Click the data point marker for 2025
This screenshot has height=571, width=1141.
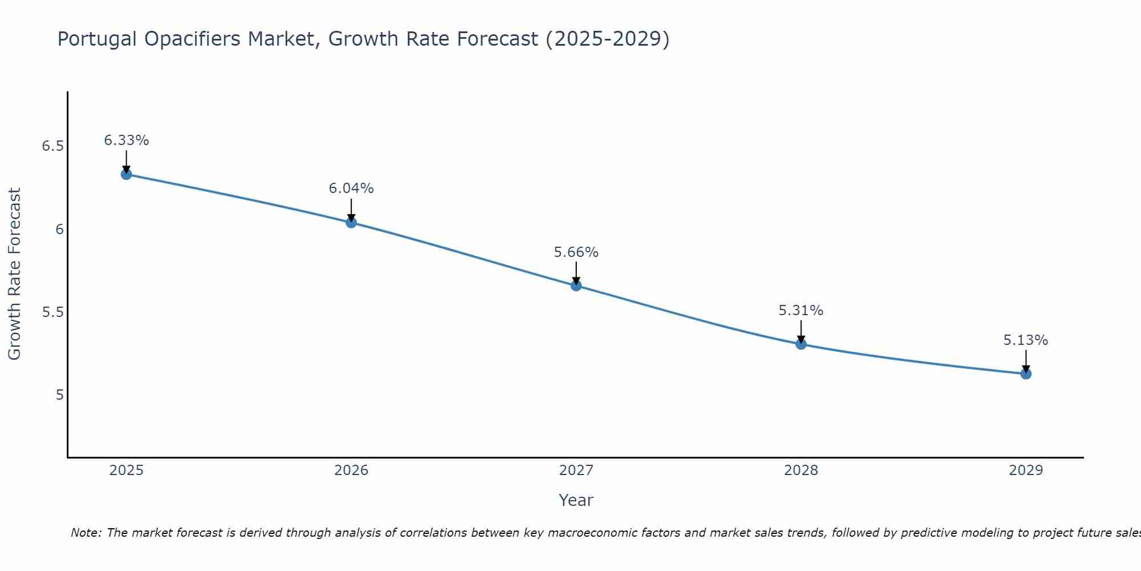coord(127,174)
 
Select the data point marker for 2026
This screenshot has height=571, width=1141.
coord(351,222)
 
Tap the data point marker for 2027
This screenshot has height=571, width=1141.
coord(576,285)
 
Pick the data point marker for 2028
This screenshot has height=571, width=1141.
coord(801,344)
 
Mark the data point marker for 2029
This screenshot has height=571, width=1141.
coord(1026,374)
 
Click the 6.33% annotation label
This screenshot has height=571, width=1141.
coord(127,140)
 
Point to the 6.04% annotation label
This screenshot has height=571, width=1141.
coord(351,188)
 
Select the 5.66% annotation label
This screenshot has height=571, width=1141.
coord(576,252)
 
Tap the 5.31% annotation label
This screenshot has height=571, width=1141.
coord(801,311)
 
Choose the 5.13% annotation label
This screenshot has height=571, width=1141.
coord(1026,340)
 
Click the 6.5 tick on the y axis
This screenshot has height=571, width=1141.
coord(52,146)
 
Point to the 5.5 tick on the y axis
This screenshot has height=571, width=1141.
coord(52,312)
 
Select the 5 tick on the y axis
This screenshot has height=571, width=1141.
coord(60,395)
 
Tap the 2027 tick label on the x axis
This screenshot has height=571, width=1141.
coord(576,471)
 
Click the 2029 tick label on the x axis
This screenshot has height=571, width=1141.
coord(1026,471)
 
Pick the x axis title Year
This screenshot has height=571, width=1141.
coord(576,500)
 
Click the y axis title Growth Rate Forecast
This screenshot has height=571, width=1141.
coord(15,274)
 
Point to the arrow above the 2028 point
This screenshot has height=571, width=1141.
coord(801,331)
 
